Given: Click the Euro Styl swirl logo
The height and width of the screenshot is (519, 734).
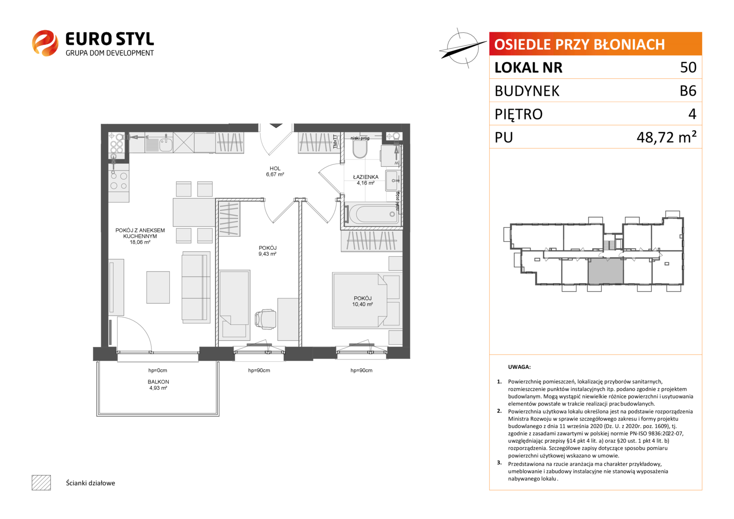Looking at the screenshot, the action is pyautogui.click(x=45, y=43).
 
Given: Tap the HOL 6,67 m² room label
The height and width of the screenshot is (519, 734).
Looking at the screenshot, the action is pyautogui.click(x=275, y=172).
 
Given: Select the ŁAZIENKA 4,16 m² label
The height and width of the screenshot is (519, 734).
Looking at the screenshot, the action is pyautogui.click(x=366, y=180).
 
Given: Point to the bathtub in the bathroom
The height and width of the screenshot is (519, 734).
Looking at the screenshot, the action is pyautogui.click(x=372, y=214).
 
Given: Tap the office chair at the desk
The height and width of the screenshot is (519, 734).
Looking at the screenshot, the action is pyautogui.click(x=265, y=319).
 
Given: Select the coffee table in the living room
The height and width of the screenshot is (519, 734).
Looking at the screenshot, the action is pyautogui.click(x=158, y=287).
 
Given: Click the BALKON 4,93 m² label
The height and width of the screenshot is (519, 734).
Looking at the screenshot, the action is pyautogui.click(x=158, y=384).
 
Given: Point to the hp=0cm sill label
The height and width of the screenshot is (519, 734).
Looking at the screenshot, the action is pyautogui.click(x=158, y=370).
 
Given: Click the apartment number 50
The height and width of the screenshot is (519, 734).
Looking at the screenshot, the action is pyautogui.click(x=688, y=67).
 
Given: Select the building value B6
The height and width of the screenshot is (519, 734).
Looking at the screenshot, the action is pyautogui.click(x=688, y=91).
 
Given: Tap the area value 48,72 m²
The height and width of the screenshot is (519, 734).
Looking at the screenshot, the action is pyautogui.click(x=666, y=137).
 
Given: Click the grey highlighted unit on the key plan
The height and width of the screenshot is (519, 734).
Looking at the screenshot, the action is pyautogui.click(x=606, y=271).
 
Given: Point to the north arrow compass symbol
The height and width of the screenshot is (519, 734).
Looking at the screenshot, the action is pyautogui.click(x=463, y=49).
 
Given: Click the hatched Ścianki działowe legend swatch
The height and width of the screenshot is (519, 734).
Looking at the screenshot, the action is pyautogui.click(x=41, y=482).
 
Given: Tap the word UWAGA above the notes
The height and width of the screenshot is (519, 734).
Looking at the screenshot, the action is pyautogui.click(x=519, y=367).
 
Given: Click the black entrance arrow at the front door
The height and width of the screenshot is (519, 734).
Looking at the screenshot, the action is pyautogui.click(x=276, y=125).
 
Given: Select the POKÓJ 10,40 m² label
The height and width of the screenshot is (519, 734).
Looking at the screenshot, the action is pyautogui.click(x=362, y=301).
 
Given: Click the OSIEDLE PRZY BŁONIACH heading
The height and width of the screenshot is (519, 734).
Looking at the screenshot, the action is pyautogui.click(x=579, y=45).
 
